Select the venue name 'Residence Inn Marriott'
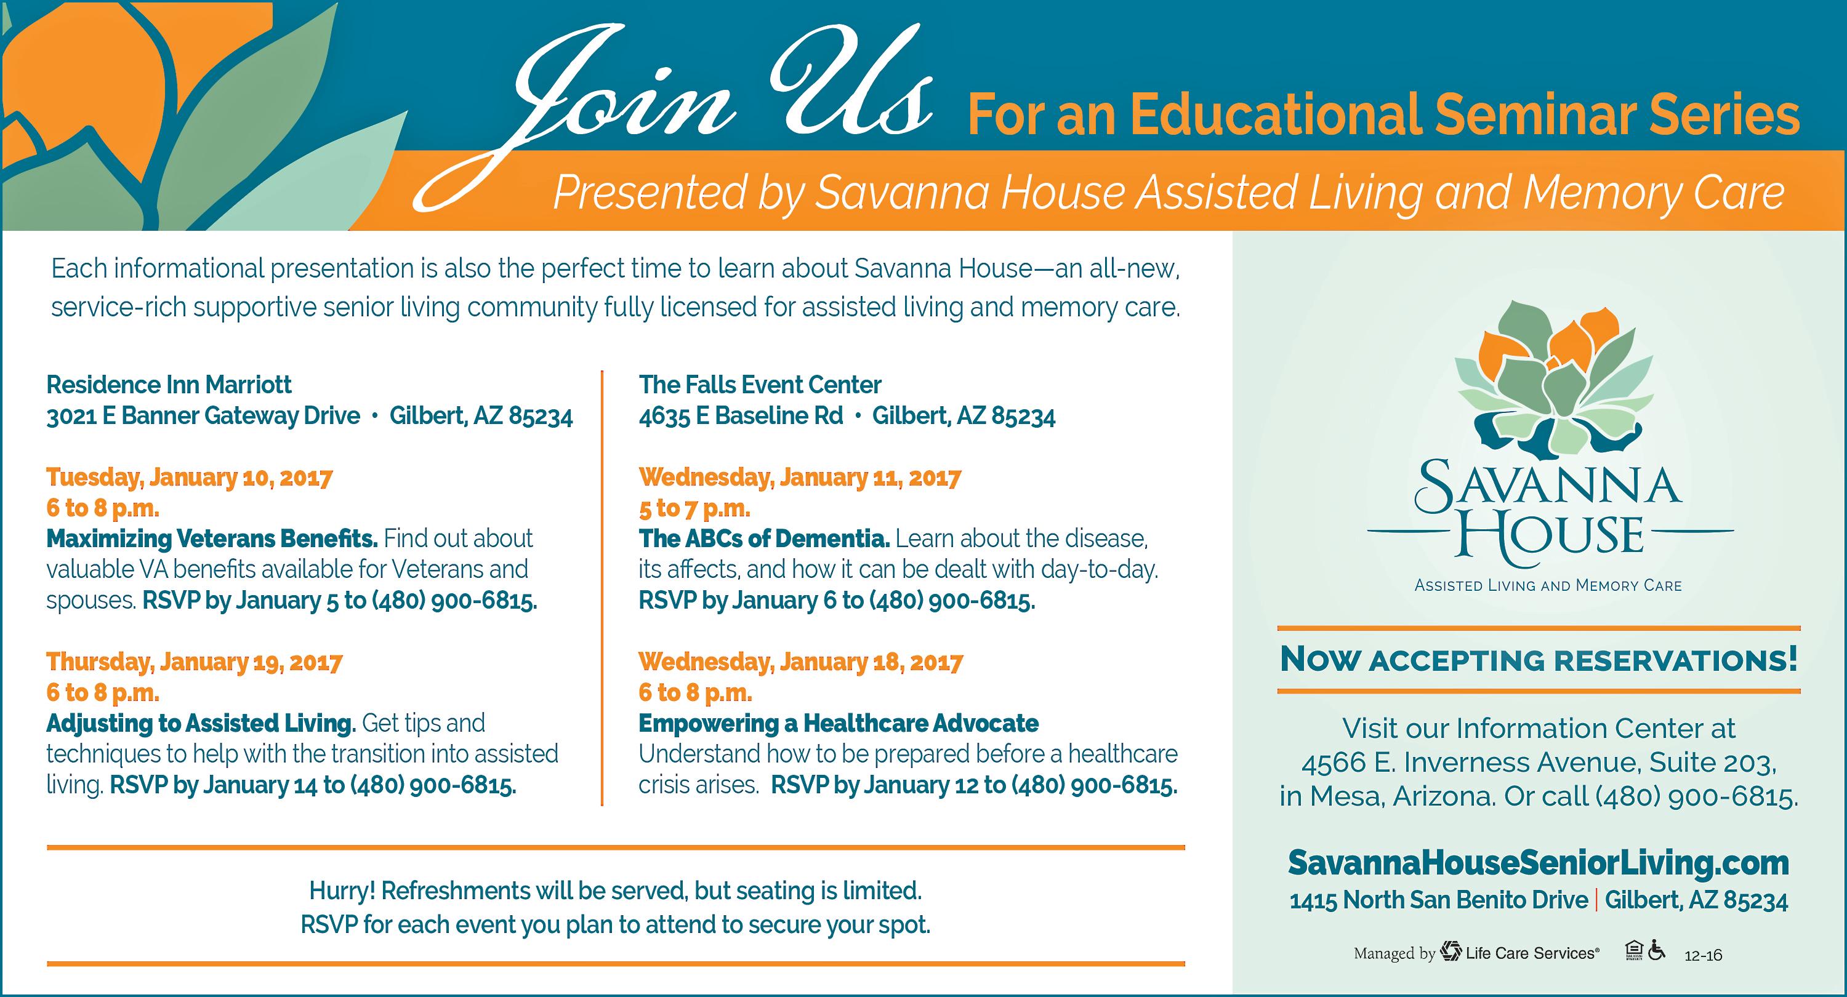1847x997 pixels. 169,385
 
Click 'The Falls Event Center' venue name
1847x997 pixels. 760,385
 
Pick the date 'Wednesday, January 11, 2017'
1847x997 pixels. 800,478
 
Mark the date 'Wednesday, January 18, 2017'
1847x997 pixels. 800,662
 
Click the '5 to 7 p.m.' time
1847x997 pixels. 694,508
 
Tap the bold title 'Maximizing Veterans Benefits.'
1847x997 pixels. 212,539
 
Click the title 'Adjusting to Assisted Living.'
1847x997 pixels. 201,723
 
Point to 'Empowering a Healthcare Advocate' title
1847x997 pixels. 838,723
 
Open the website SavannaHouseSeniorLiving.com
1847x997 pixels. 1539,863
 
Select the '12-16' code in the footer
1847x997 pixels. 1704,955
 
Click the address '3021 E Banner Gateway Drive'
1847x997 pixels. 203,415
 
